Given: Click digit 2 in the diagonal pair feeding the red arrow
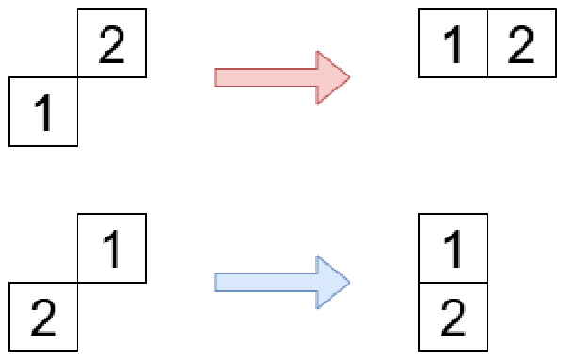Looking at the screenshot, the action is coord(112,44).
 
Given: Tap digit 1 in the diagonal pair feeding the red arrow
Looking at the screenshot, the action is coord(43,112).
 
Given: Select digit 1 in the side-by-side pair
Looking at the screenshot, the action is coord(453,44).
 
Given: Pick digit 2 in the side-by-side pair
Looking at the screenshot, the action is coord(521,44).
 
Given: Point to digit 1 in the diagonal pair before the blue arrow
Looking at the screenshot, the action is coord(112,249).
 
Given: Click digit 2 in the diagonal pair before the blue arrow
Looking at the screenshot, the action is coord(43,318).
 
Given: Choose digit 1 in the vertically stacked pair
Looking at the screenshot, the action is coord(453,249).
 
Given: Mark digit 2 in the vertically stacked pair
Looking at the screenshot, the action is coord(453,318).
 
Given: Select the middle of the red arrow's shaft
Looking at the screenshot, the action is coord(266,77).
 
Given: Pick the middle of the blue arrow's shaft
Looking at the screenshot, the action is coord(266,283).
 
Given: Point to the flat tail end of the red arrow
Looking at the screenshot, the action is coord(215,77).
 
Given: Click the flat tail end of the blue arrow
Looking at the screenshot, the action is coord(215,283).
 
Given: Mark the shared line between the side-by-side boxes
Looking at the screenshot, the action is coord(487,43).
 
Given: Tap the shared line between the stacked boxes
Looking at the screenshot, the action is coord(453,283).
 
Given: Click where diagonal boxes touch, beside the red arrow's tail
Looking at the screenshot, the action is coord(77,77).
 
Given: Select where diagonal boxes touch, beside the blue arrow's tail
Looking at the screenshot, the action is coord(77,283).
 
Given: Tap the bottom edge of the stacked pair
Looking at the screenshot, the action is coord(453,350).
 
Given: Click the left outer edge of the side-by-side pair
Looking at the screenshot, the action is coord(419,43).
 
